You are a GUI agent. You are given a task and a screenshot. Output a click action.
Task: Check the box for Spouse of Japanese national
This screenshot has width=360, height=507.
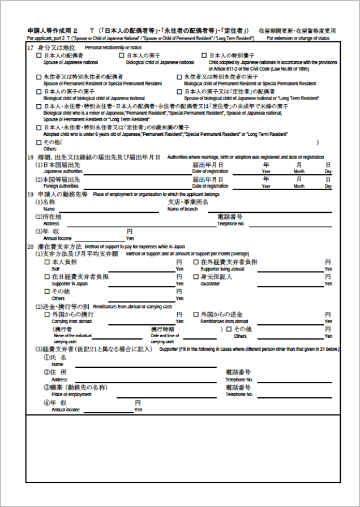[38, 56]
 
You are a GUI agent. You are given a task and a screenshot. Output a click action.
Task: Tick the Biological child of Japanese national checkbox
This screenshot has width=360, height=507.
[121, 56]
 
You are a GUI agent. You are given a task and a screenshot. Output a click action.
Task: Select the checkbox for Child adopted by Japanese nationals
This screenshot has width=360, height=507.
[204, 56]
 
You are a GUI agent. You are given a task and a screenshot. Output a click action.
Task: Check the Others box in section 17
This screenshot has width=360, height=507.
[38, 142]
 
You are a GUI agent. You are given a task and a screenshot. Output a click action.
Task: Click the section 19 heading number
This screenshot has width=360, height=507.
[31, 194]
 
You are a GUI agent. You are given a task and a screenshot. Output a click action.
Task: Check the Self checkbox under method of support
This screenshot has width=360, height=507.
[47, 263]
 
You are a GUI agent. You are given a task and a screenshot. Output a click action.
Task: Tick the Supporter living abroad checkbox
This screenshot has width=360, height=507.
[196, 263]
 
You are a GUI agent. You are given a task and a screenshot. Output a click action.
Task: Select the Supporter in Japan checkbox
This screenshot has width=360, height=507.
[47, 277]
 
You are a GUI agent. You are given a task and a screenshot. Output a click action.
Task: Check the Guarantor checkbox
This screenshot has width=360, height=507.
[196, 277]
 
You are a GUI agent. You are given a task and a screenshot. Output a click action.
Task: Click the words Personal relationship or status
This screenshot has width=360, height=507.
[113, 48]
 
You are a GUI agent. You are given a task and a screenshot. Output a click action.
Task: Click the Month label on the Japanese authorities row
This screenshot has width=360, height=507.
[298, 171]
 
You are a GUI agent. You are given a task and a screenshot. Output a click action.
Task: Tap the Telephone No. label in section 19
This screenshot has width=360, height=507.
[231, 224]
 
